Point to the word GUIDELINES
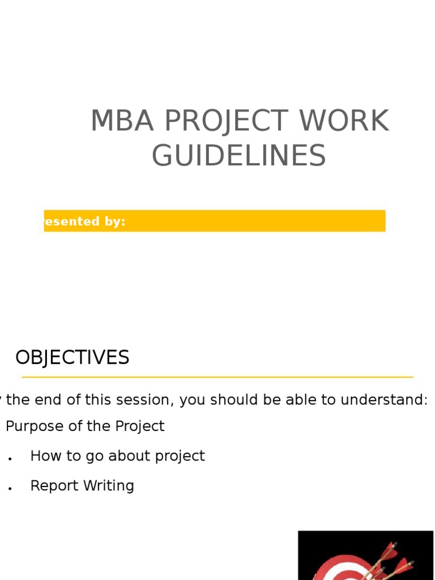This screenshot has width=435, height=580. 238,156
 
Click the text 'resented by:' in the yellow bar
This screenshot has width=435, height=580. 84,221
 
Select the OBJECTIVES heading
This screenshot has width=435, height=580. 72,358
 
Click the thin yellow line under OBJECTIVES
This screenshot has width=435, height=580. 217,377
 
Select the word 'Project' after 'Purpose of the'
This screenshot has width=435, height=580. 140,426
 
